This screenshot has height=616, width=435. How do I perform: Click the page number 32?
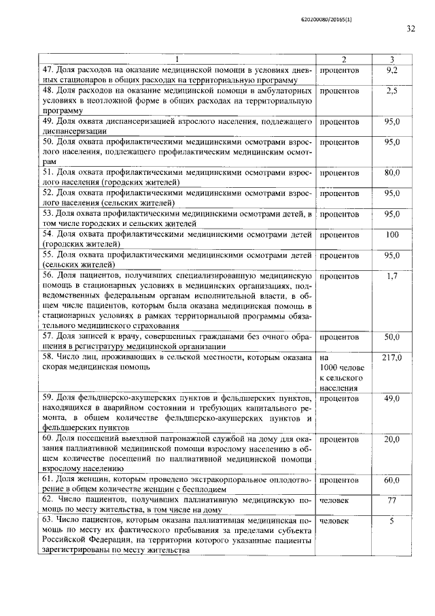click(x=411, y=29)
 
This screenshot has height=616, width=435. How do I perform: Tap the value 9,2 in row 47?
click(x=392, y=70)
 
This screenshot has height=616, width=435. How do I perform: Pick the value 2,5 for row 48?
click(x=392, y=90)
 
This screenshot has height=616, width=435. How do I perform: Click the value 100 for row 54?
click(x=392, y=235)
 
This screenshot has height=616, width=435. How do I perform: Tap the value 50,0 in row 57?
click(x=392, y=336)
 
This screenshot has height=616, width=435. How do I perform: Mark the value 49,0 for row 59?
click(x=392, y=398)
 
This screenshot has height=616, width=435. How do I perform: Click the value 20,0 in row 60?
click(x=392, y=439)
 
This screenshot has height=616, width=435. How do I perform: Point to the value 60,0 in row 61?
click(x=392, y=480)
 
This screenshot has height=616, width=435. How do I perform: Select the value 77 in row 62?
click(x=392, y=500)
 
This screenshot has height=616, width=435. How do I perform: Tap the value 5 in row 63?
click(x=392, y=521)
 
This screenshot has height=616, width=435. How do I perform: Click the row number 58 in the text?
click(x=48, y=357)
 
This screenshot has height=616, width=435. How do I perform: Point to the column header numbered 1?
click(x=176, y=61)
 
